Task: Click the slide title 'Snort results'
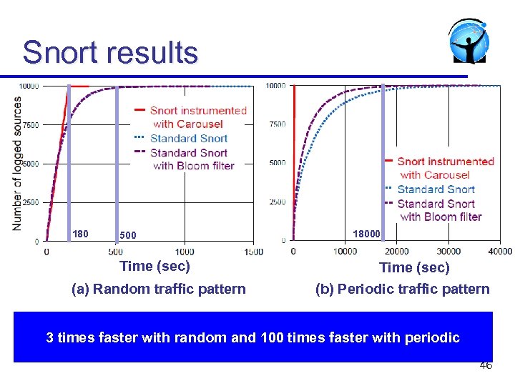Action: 109,53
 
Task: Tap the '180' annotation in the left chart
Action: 80,234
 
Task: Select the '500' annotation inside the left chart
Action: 128,235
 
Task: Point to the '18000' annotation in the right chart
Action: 366,234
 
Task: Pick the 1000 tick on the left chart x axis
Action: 184,252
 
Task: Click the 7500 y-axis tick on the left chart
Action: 31,125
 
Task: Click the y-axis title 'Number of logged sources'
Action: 16,163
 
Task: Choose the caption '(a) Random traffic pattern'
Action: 159,289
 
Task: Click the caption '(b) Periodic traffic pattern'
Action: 403,289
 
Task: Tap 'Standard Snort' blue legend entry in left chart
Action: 189,139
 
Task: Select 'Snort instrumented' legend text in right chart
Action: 446,162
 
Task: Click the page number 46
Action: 486,365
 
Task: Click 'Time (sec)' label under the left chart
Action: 154,267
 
